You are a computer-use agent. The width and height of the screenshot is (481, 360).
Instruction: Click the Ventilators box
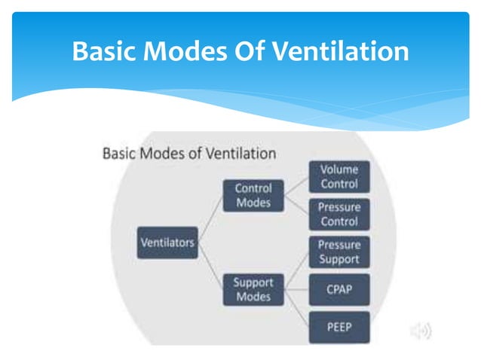[167, 243]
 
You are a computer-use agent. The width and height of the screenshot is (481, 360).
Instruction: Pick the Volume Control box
[339, 176]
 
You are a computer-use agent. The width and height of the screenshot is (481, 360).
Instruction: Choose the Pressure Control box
[339, 215]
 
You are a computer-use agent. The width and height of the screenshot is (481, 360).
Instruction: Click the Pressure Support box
[339, 252]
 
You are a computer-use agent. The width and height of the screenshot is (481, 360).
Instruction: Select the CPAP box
[339, 289]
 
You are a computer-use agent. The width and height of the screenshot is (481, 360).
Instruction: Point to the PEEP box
[339, 326]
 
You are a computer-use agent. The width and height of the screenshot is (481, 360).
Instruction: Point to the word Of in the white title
[253, 52]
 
